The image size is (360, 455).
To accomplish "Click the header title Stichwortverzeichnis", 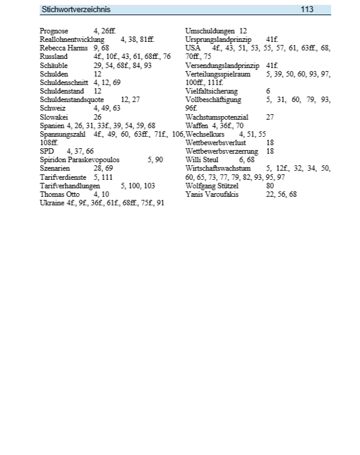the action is tap(76, 10).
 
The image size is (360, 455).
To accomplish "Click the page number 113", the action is tap(307, 10).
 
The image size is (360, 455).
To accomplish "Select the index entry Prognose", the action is tap(54, 30).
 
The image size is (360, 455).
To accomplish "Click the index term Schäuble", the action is tap(53, 65).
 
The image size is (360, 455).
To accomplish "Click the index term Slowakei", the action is tap(53, 117).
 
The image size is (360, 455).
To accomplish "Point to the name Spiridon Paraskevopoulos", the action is tap(80, 160).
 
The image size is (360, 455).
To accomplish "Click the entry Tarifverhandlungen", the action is tap(70, 185).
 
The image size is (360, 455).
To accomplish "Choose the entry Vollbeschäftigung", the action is tap(213, 99).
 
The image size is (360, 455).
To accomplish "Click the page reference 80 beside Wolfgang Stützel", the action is tap(270, 185).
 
